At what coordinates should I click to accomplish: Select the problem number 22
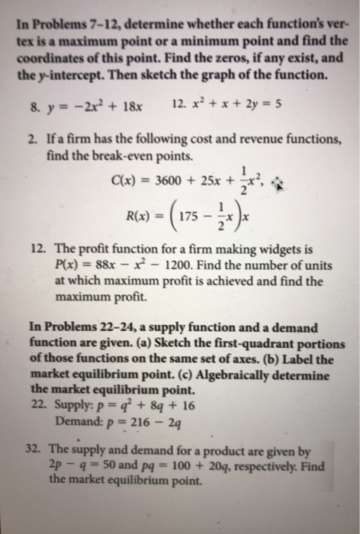click(32, 404)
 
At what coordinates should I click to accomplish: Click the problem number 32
click(33, 449)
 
